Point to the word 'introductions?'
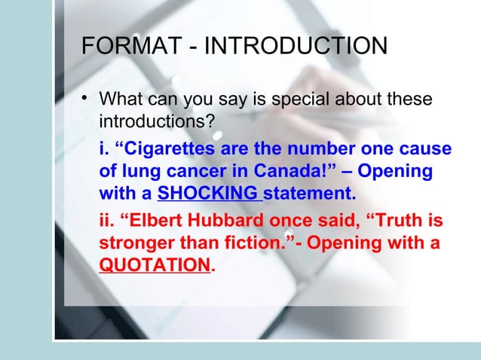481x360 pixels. point(158,121)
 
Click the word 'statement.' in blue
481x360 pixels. point(308,195)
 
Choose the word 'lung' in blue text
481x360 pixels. point(136,172)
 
